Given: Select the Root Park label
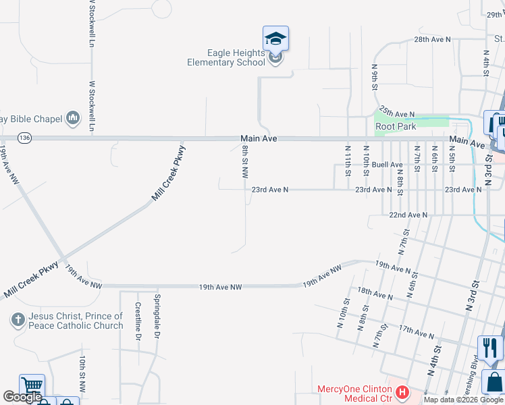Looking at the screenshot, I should [396, 126].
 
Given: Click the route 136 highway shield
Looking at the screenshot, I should [25, 138].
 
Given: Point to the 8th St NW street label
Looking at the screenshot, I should [245, 163].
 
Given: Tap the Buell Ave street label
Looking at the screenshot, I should [387, 165].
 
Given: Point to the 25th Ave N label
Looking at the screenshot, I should [397, 111].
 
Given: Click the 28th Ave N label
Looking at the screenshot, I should [432, 40].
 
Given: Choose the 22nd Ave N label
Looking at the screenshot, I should [408, 215].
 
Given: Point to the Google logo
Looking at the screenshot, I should [22, 397].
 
